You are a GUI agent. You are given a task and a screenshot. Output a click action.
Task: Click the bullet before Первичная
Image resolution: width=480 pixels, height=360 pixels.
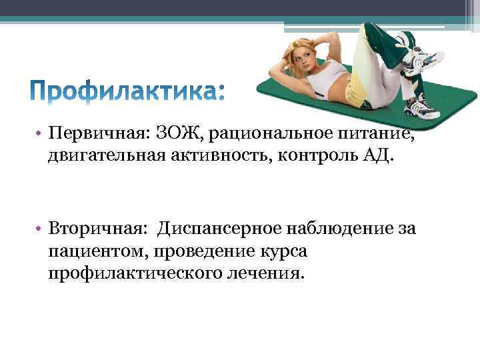[41, 135]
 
